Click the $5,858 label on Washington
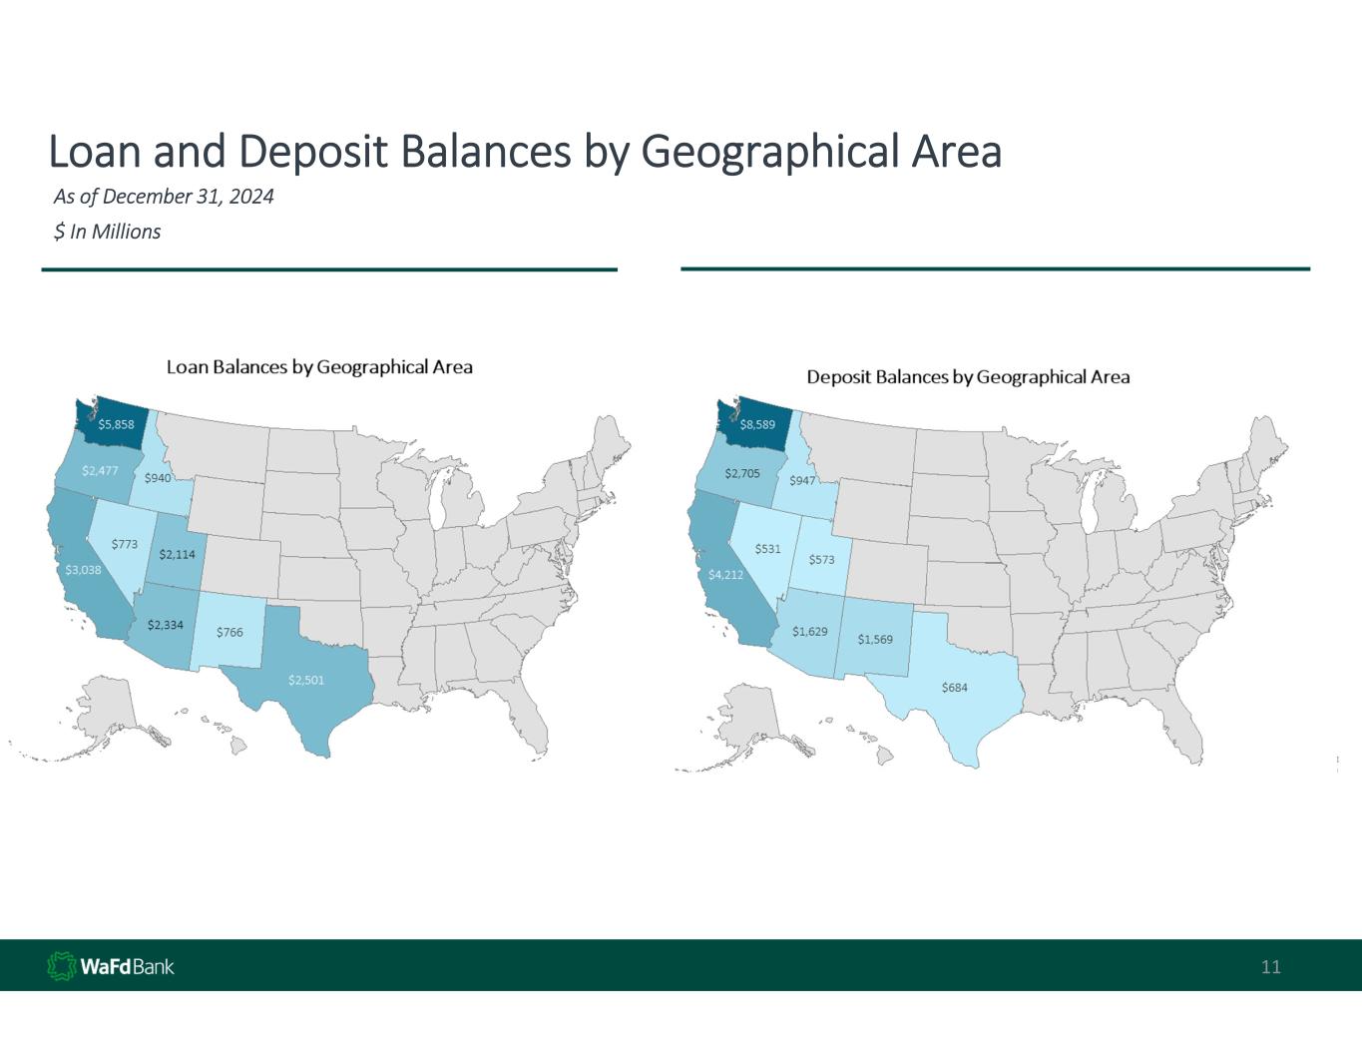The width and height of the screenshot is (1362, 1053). (x=116, y=424)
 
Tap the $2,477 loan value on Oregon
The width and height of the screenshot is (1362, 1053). (x=100, y=471)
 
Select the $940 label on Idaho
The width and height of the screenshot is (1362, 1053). (x=158, y=478)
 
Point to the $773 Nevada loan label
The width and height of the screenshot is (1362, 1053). (x=124, y=544)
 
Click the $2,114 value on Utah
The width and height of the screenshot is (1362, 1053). (x=177, y=554)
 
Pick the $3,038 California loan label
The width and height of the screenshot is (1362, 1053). (x=83, y=570)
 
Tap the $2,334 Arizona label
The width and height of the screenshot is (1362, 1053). (x=166, y=625)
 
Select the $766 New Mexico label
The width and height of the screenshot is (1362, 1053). (x=229, y=632)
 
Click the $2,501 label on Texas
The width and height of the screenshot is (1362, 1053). (x=306, y=680)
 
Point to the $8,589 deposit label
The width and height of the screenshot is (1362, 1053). (x=757, y=424)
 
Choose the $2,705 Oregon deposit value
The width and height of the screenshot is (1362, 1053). (x=742, y=473)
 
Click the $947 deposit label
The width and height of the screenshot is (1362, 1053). (x=801, y=481)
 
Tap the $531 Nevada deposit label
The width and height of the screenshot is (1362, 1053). (x=767, y=549)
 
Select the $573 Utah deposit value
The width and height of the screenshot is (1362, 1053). (x=821, y=559)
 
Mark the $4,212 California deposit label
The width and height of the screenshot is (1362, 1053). (x=725, y=575)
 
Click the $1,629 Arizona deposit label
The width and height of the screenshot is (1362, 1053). (x=810, y=631)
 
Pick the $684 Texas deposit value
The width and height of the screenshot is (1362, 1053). (x=954, y=688)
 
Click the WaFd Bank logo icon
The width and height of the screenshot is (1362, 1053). (x=62, y=966)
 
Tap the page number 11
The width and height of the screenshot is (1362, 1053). (x=1270, y=966)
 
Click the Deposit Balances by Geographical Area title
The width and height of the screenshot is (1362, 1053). (x=968, y=377)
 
